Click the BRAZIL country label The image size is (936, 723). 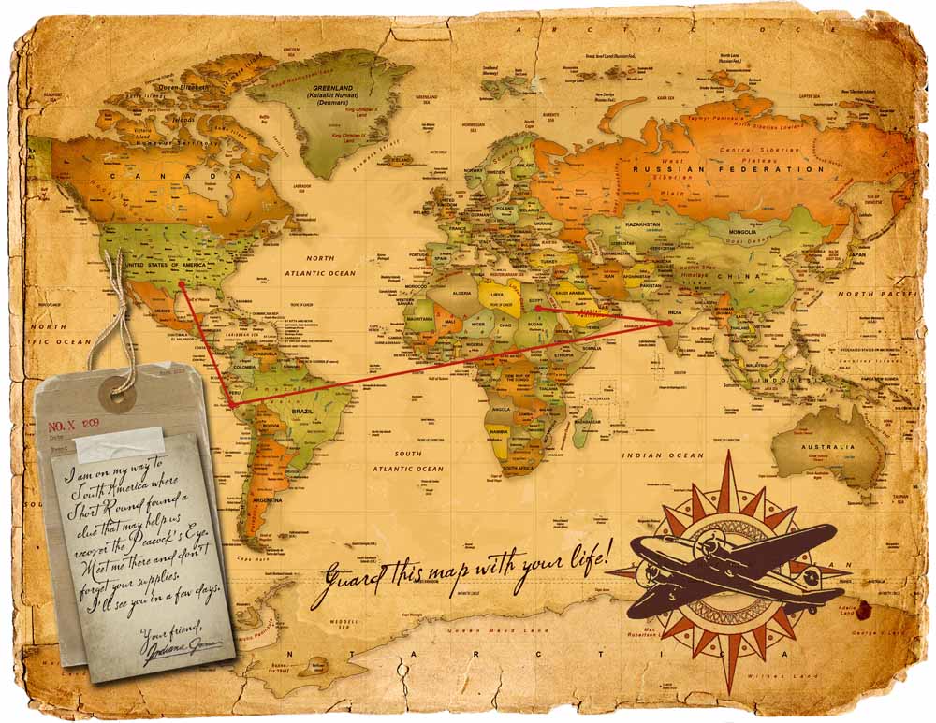303,412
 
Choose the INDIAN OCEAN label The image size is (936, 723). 663,455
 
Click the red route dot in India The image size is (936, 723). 669,323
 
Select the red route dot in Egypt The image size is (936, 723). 537,307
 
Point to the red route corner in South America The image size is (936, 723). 230,404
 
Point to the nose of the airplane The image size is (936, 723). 647,545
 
